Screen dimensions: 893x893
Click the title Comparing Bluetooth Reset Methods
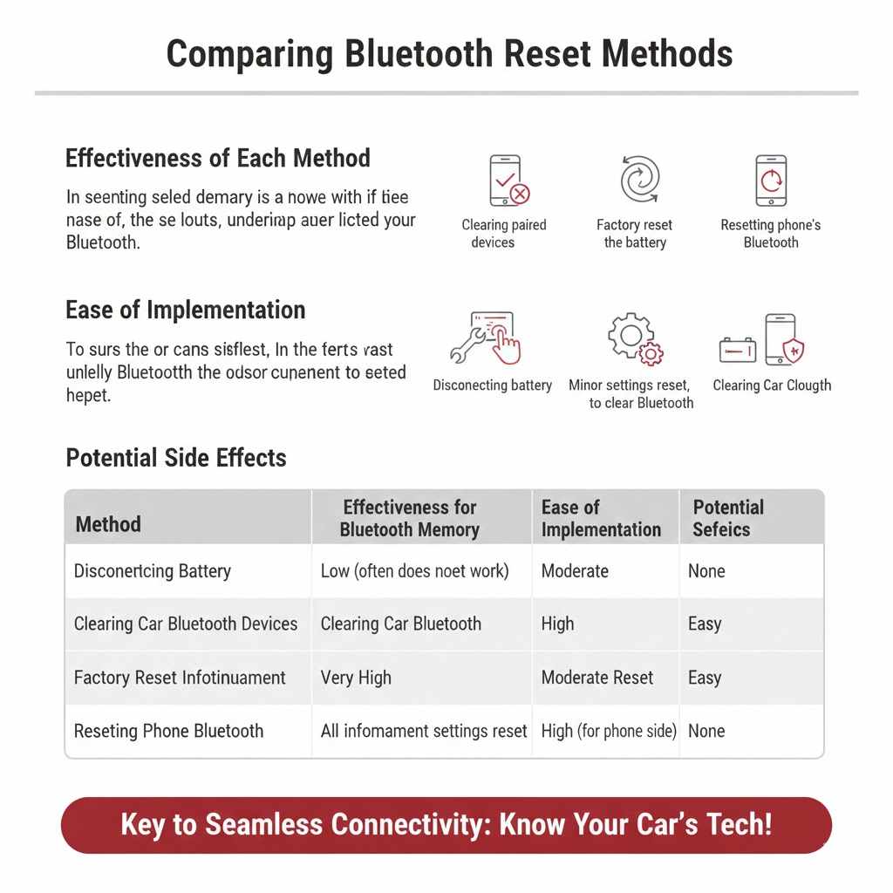(x=449, y=54)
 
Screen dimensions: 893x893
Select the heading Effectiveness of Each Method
(x=218, y=158)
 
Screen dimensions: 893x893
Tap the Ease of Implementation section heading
(x=186, y=310)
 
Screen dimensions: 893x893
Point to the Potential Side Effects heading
(x=176, y=457)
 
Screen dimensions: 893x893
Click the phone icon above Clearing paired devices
(x=508, y=181)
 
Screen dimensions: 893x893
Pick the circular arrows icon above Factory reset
(x=639, y=180)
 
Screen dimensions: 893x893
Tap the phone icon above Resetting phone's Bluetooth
(x=771, y=181)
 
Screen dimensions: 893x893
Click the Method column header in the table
(x=108, y=524)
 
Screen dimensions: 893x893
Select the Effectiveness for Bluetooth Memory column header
(x=410, y=518)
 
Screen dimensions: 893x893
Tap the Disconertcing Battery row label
(x=153, y=571)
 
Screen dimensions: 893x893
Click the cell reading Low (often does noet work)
(x=414, y=571)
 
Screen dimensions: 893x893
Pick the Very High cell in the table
(x=356, y=678)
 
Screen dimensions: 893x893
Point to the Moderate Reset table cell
(x=597, y=678)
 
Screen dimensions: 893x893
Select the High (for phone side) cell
(x=609, y=731)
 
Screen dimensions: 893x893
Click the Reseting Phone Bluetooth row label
(x=168, y=731)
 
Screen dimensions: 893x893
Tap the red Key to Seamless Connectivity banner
(x=446, y=824)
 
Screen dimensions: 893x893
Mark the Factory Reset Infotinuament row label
(x=180, y=678)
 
